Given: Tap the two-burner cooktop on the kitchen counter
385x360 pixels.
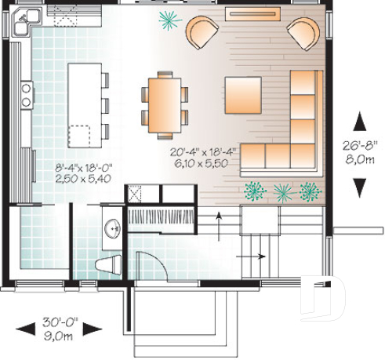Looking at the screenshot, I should (26, 95).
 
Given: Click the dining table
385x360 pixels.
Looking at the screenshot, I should (164, 100).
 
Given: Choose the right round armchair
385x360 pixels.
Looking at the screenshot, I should (302, 34).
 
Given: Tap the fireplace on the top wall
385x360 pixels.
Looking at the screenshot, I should (252, 13).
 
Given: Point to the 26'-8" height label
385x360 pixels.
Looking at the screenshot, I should (361, 144).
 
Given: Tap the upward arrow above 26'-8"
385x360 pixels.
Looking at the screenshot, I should (361, 121).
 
